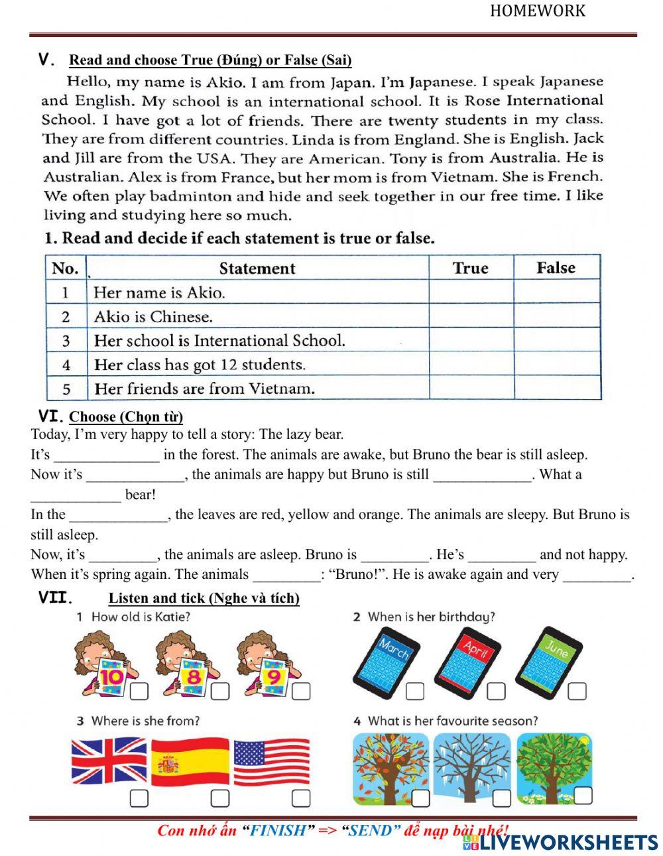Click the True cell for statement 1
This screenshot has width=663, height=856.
471,292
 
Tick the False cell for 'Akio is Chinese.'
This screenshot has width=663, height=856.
557,316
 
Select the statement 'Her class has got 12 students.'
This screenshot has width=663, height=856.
200,365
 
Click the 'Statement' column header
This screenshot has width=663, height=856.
257,268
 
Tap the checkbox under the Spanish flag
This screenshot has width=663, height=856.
220,798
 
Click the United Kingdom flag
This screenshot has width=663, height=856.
109,761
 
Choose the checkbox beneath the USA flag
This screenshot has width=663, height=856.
301,798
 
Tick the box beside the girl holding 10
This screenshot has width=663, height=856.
139,691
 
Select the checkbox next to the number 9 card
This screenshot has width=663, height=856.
301,691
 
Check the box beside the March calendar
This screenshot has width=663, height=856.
414,691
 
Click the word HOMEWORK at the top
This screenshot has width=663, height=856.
538,11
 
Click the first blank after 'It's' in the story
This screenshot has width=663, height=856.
107,455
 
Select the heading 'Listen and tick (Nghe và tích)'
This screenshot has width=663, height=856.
204,598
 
